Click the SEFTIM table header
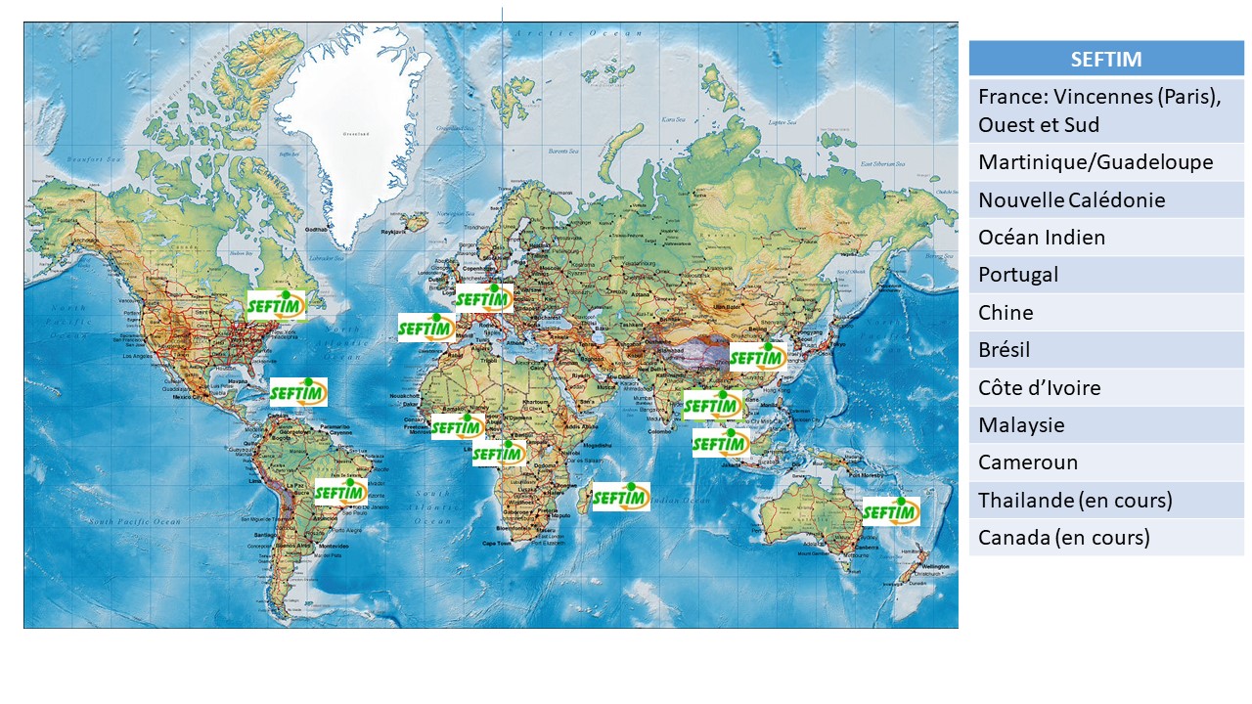[1105, 59]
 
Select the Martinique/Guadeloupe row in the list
[1105, 162]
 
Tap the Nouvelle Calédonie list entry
[1105, 200]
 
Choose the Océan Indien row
[1105, 238]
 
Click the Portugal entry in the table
[1105, 275]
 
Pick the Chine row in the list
[1105, 313]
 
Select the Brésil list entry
[1105, 350]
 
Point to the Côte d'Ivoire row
[1105, 388]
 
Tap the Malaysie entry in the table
[1105, 425]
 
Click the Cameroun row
[1105, 462]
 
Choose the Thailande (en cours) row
[1105, 501]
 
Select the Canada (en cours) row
[1105, 538]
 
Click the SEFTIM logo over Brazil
[340, 492]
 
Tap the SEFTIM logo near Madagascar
[621, 497]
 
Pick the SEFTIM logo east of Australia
[891, 511]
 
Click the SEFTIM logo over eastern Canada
[276, 306]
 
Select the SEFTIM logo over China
[758, 358]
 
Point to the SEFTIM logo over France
[484, 298]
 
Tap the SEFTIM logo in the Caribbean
[298, 393]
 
